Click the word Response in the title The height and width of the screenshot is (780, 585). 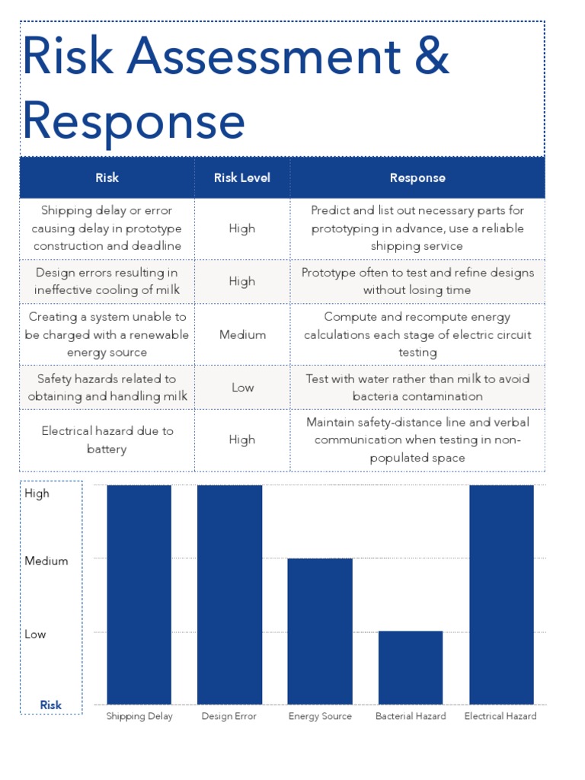tap(134, 122)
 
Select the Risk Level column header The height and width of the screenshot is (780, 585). tap(242, 177)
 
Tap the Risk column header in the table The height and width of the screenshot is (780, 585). tap(107, 177)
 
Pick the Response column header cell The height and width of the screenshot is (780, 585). tap(417, 177)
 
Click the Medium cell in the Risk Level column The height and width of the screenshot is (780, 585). tap(242, 334)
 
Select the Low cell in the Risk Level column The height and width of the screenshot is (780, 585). tap(242, 388)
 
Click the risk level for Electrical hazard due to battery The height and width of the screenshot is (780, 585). tap(242, 440)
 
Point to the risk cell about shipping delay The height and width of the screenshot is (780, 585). tap(107, 228)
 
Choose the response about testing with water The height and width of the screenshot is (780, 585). tap(417, 387)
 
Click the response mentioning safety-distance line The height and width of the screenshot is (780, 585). tap(417, 440)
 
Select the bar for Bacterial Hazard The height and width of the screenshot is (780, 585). tap(411, 667)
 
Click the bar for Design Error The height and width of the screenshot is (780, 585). tap(229, 594)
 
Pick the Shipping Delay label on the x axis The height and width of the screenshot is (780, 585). tap(139, 716)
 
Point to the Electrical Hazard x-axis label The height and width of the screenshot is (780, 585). tap(500, 716)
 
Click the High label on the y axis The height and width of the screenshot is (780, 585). tap(37, 493)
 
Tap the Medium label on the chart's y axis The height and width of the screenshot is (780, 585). tap(46, 561)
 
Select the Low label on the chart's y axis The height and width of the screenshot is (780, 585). tap(35, 634)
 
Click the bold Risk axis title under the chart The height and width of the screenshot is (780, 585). tap(51, 705)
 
